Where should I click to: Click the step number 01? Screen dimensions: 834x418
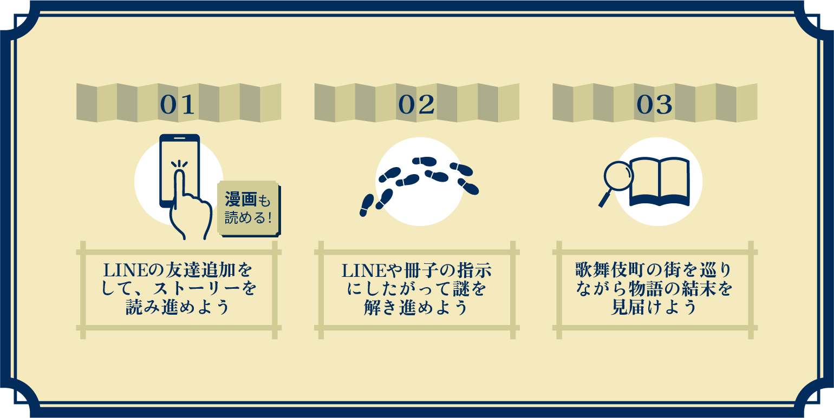[178, 105]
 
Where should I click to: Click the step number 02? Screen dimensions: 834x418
[416, 105]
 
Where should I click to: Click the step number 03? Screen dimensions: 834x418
[655, 105]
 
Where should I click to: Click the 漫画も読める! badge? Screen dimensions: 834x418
[249, 209]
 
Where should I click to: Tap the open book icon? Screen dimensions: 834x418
[659, 181]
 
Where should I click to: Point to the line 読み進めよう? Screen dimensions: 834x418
[177, 307]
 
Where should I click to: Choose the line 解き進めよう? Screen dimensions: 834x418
[416, 307]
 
